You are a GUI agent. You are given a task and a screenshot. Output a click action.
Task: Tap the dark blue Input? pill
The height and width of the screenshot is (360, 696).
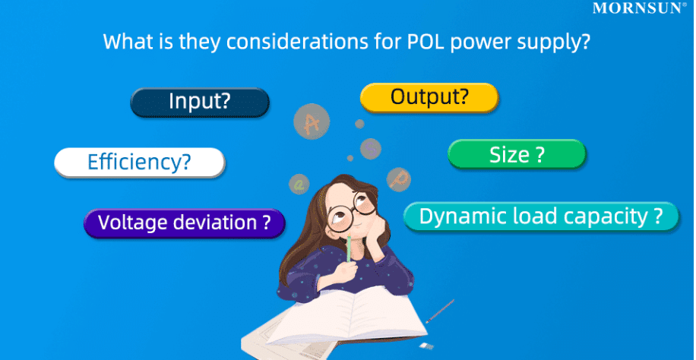coord(200,103)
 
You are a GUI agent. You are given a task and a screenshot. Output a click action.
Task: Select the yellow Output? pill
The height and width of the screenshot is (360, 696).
coord(429,98)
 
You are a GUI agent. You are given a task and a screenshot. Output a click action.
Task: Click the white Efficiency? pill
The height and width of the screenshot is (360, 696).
coord(140,163)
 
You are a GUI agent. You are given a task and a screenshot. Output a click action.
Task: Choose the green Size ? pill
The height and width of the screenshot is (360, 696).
coord(517,154)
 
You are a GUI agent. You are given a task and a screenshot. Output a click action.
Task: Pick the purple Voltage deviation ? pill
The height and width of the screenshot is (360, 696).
coord(184,223)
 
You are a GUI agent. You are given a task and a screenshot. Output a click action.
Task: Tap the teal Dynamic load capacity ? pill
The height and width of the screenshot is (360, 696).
coord(541,216)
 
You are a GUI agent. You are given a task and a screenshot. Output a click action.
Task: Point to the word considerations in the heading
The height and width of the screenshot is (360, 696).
coord(288,41)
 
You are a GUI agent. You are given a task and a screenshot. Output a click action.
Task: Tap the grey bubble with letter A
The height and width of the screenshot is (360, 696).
coord(312,122)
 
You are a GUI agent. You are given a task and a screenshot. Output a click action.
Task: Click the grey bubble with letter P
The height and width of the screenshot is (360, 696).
coord(398,179)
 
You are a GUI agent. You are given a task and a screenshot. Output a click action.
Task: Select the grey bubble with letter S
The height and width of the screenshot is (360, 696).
coord(371,148)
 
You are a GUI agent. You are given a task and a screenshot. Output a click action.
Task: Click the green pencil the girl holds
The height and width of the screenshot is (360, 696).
coord(349,248)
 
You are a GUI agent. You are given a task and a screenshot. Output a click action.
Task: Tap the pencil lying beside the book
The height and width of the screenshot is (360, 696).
coord(439,311)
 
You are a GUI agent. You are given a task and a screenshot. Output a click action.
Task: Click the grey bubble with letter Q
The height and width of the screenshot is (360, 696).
coord(299,184)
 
